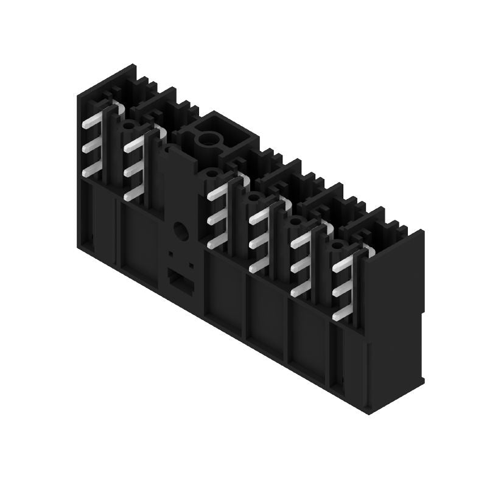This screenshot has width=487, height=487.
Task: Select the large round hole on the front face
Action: (x=181, y=230)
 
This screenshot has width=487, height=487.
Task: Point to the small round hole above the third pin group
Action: (x=211, y=175)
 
